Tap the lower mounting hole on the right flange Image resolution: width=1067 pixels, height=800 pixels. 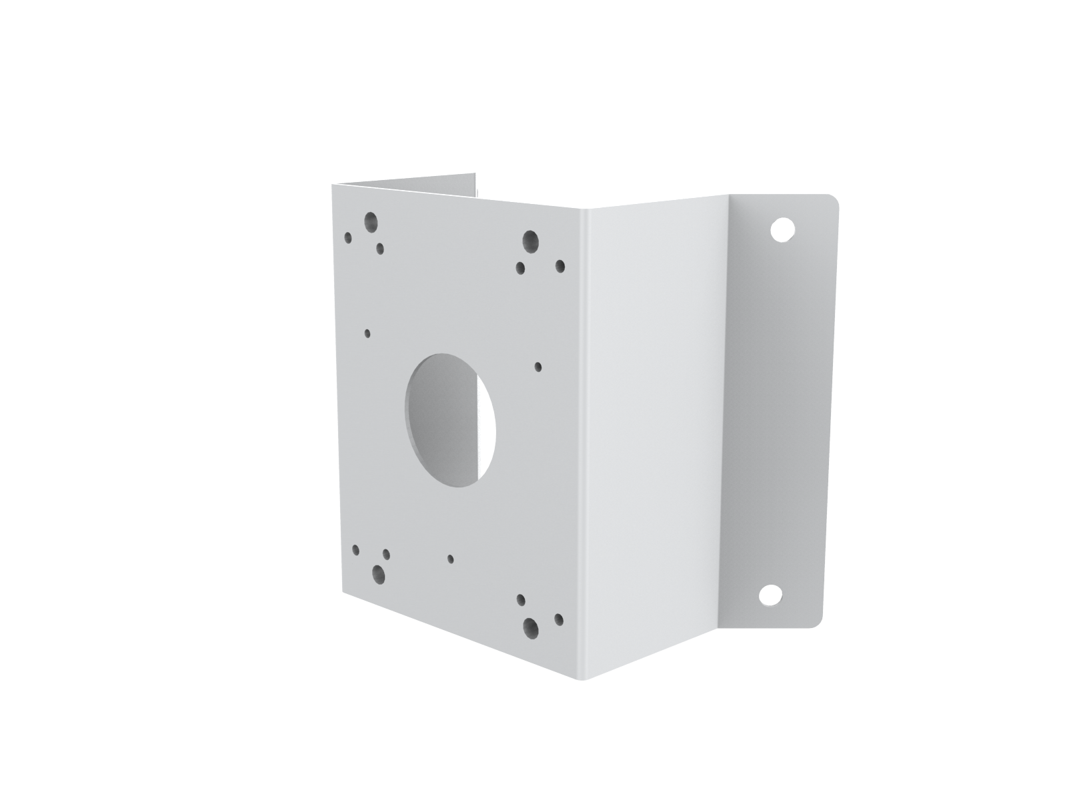pos(770,594)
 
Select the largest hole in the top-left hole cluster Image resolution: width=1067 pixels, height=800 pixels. pos(371,221)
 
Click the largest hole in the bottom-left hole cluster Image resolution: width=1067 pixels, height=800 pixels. pos(379,573)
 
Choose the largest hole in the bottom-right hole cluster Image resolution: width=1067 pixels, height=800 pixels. pos(531,626)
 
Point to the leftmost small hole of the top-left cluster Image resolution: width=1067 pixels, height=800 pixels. pos(348,237)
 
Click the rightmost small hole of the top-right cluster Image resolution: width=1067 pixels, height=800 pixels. pos(560,267)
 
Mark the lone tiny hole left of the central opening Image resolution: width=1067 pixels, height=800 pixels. pos(367,333)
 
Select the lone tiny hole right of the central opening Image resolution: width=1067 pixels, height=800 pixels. pos(539,366)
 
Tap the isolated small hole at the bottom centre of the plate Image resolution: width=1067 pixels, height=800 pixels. pos(451,559)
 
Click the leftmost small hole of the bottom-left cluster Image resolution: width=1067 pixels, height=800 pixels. pos(356,550)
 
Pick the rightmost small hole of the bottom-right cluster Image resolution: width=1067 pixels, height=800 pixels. pos(559,620)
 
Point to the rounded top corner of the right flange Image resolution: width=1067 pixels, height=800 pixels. pos(831,199)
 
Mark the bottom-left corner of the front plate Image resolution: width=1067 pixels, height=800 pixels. pos(343,591)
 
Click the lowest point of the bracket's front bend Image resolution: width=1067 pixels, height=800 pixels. pos(578,679)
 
